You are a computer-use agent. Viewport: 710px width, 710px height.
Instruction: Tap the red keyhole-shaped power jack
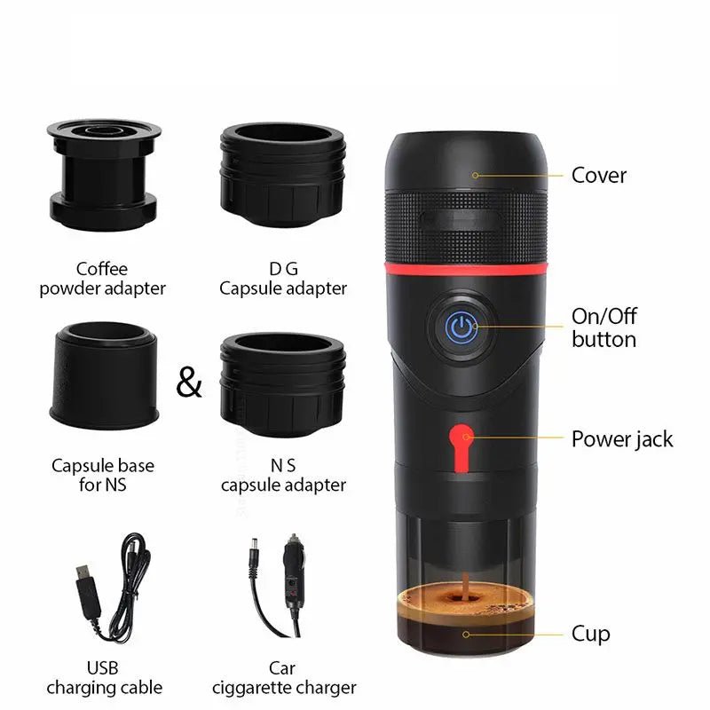(460, 441)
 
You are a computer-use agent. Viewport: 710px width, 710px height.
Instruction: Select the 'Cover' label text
(599, 175)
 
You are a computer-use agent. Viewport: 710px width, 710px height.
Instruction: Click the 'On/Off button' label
(603, 327)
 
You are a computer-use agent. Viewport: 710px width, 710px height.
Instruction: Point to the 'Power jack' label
(621, 438)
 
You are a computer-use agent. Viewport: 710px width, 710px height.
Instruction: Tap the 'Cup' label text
(590, 634)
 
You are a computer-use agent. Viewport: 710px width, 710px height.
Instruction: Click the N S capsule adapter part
(282, 378)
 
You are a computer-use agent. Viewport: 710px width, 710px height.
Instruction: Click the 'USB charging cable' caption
(103, 677)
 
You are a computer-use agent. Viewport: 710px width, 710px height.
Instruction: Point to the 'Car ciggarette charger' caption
(284, 677)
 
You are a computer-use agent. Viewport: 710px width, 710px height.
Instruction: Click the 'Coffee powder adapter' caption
(103, 278)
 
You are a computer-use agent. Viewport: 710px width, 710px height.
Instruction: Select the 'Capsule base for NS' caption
(103, 475)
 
